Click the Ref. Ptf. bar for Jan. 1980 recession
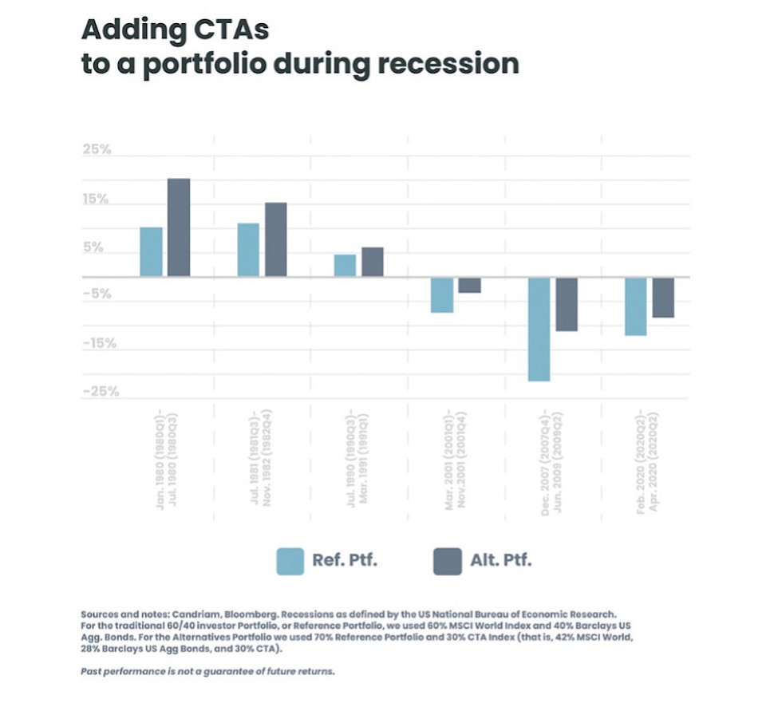151,252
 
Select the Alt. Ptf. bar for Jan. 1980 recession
179,227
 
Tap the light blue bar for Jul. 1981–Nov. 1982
248,250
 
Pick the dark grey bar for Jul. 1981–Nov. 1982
275,239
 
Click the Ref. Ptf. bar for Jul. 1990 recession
345,266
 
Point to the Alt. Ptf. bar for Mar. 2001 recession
469,285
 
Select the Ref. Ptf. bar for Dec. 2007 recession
539,329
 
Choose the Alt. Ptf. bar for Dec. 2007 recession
567,304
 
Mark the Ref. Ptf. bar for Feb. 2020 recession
636,306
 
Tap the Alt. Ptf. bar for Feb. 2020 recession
663,297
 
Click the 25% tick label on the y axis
97,150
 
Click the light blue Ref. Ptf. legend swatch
290,561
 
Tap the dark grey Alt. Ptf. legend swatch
447,561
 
